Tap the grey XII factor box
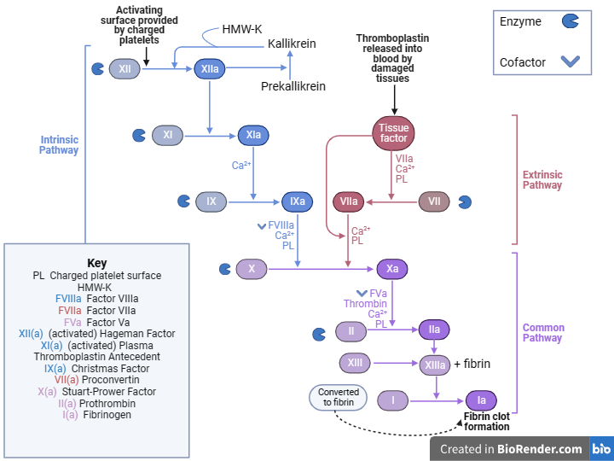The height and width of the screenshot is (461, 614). [x=125, y=69]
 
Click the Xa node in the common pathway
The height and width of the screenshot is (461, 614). [x=392, y=269]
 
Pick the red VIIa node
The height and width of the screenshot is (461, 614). [x=349, y=201]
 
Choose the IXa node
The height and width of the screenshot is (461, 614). [x=298, y=201]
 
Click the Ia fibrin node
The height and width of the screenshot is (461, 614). [x=481, y=400]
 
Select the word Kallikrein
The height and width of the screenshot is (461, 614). [x=293, y=43]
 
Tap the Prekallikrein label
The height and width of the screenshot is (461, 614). [x=293, y=86]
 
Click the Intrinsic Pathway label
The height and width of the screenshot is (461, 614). [x=59, y=144]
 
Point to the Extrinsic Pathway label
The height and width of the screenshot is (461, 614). [x=542, y=180]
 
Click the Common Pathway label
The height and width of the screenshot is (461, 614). [x=543, y=333]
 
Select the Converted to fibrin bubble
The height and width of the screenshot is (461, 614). [x=338, y=397]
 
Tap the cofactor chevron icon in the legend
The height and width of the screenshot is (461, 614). [x=571, y=61]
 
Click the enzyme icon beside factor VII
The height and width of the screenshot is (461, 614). [x=465, y=201]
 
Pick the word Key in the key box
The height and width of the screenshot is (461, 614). [x=97, y=263]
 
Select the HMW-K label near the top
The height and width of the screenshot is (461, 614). [x=241, y=28]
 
